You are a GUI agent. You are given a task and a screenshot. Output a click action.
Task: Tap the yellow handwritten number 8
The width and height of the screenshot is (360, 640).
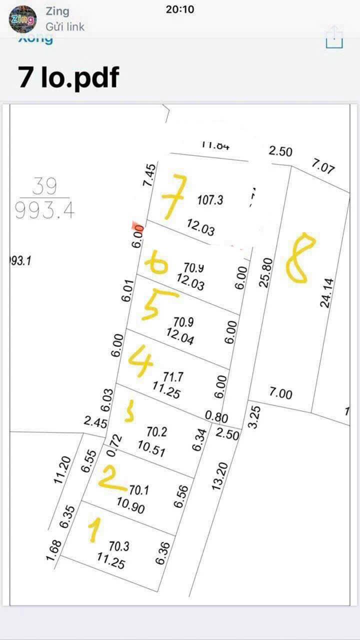(300, 258)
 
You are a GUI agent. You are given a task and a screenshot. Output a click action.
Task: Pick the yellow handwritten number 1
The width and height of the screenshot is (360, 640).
(94, 530)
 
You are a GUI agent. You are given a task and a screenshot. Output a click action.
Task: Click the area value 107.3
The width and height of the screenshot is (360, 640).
(210, 200)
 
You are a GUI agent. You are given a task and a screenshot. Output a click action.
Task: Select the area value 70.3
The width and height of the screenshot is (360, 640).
(119, 546)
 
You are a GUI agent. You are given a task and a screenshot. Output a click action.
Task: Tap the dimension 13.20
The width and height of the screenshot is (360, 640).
(220, 476)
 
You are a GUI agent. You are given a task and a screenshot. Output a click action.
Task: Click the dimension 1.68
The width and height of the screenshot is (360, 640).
(53, 549)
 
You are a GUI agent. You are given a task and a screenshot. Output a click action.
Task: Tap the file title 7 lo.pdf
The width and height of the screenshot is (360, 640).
(68, 78)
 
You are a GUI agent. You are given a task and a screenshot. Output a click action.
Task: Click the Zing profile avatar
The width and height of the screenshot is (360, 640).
(22, 19)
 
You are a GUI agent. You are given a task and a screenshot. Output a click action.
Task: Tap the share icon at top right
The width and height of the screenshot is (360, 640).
(334, 37)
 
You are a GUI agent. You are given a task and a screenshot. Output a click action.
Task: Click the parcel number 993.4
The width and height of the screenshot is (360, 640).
(45, 211)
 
